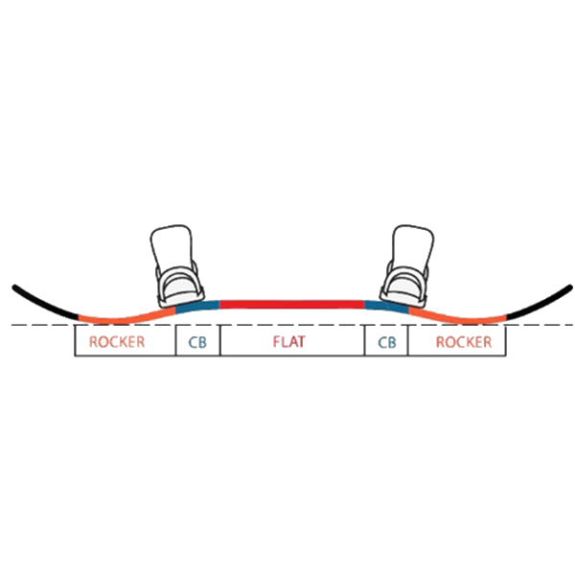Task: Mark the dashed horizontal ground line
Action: tap(287, 326)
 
